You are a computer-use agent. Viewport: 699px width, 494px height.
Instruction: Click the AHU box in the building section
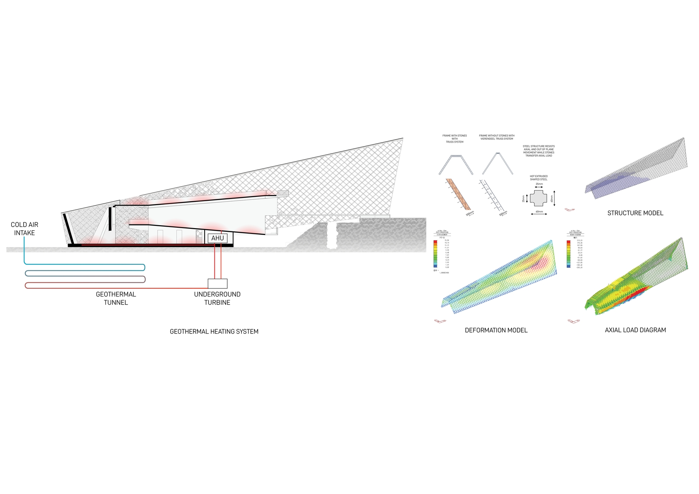click(x=218, y=238)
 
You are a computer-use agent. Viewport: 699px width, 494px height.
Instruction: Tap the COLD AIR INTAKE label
click(x=24, y=229)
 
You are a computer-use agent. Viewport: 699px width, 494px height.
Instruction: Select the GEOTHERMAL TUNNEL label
click(x=116, y=298)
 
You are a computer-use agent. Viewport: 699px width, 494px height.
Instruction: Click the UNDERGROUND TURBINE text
click(x=217, y=298)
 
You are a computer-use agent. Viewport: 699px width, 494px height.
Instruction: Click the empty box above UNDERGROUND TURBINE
click(x=217, y=283)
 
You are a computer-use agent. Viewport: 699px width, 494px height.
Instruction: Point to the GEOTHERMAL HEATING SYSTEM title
click(x=214, y=331)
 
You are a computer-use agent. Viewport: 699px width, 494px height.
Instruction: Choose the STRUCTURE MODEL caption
click(x=635, y=213)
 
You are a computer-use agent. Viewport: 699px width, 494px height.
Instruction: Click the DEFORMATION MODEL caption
click(x=496, y=330)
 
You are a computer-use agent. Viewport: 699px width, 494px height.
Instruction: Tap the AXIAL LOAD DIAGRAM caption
click(x=635, y=330)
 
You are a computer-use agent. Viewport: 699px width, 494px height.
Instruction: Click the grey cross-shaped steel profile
click(x=538, y=198)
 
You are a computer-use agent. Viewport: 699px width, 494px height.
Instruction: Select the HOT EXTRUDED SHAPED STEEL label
click(x=538, y=178)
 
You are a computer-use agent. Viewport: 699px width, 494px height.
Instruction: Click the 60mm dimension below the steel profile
click(x=539, y=212)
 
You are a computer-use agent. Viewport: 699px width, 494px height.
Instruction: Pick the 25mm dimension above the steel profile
click(x=539, y=184)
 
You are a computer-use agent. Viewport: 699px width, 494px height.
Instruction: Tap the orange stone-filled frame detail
click(x=458, y=194)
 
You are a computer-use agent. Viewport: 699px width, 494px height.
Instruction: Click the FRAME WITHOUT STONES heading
click(x=497, y=137)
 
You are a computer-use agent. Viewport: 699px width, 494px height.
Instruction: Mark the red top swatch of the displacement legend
click(x=435, y=242)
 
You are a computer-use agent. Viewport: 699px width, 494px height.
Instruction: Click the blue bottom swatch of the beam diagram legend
click(x=569, y=267)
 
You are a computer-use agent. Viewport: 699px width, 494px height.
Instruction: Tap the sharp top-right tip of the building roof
click(x=403, y=138)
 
